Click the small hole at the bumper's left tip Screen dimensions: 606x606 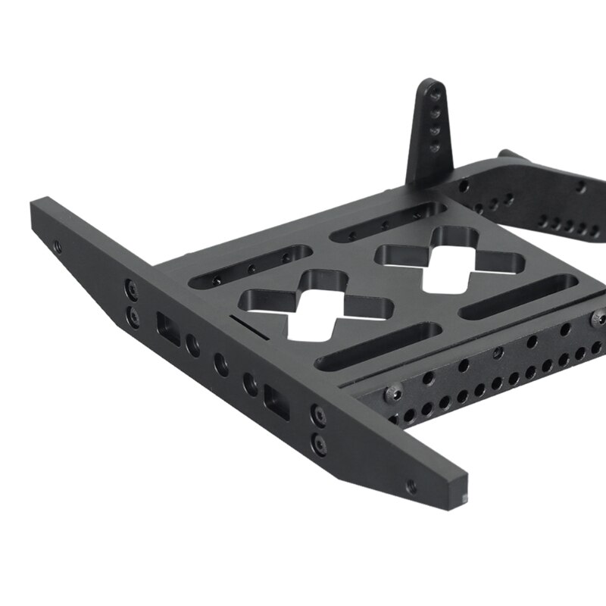(57, 245)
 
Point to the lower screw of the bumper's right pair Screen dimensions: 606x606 (320, 441)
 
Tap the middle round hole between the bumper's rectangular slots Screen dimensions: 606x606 (221, 364)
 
